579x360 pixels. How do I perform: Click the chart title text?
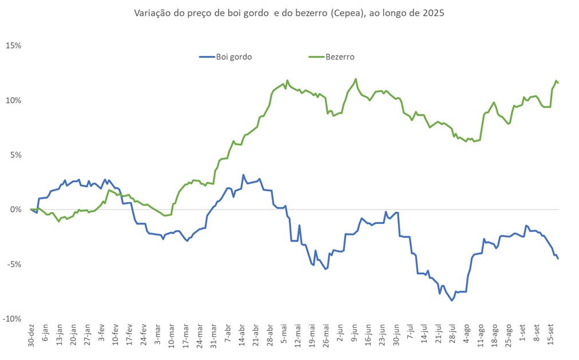point(289,13)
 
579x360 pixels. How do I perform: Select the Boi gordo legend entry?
point(226,57)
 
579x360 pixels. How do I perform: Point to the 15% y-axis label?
point(14,46)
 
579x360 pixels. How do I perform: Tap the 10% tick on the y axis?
point(14,100)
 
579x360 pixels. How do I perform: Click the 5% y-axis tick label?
point(15,155)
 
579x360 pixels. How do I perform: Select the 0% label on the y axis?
point(15,209)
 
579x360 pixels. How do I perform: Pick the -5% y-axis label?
point(14,264)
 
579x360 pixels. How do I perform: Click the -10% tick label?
point(13,319)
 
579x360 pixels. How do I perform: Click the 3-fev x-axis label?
point(101,334)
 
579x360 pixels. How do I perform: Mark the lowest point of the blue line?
point(452,300)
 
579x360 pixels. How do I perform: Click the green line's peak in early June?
point(356,79)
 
